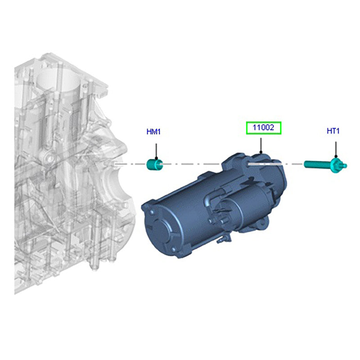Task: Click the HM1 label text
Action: [153, 131]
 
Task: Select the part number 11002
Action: [263, 127]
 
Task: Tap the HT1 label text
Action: [333, 131]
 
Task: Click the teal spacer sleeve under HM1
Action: [154, 165]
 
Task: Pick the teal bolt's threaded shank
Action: [318, 164]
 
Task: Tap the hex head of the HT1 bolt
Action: [336, 165]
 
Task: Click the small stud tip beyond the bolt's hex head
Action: [344, 166]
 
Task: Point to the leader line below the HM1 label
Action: [156, 150]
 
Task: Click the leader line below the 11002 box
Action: [261, 144]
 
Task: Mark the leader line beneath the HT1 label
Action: [336, 149]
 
